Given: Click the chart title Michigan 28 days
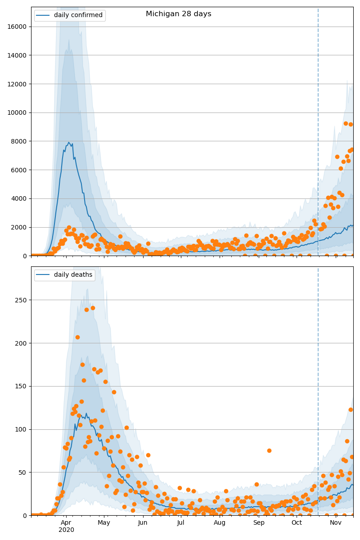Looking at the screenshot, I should tap(178, 14).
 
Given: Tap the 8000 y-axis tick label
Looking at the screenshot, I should tap(18, 141).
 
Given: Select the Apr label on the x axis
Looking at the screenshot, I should tap(66, 522).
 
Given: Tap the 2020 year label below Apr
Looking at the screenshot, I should tap(66, 530).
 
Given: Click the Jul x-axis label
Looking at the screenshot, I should tap(181, 522).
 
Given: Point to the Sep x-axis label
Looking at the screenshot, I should tap(259, 522).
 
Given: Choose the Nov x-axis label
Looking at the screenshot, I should tap(335, 522).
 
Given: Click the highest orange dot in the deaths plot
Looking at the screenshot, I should tap(93, 308).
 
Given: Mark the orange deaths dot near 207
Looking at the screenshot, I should tap(77, 337).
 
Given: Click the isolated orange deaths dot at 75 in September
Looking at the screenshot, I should tap(269, 450).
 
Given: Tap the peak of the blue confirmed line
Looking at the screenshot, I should tap(69, 143).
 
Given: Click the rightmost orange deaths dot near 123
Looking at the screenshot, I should tap(351, 409).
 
